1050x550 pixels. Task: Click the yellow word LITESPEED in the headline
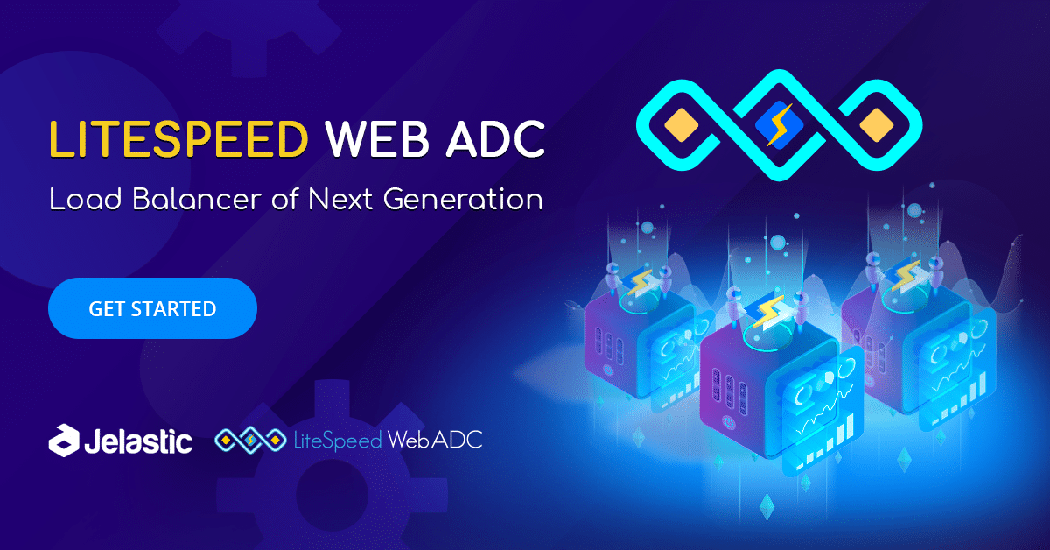(x=178, y=139)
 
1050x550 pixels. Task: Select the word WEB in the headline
(x=377, y=139)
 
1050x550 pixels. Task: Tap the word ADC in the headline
(x=495, y=139)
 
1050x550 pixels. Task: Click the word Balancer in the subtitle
(x=197, y=199)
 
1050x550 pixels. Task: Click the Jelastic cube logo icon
(x=64, y=441)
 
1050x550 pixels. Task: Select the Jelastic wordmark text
(x=138, y=441)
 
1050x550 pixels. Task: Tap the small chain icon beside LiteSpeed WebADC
(x=250, y=441)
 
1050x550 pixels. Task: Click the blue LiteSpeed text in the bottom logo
(x=338, y=441)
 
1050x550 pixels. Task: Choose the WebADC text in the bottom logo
(x=435, y=440)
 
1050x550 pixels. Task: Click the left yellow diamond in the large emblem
(x=681, y=125)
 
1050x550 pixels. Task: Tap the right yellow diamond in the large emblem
(x=877, y=125)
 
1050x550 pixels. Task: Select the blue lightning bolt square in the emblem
(x=779, y=125)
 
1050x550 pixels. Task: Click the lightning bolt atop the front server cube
(x=768, y=312)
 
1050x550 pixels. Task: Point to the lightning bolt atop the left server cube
(x=640, y=281)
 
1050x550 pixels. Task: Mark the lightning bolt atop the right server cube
(x=905, y=275)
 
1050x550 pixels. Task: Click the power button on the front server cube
(x=727, y=422)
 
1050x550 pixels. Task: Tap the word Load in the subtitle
(x=86, y=199)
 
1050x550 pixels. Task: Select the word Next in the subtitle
(x=340, y=199)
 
